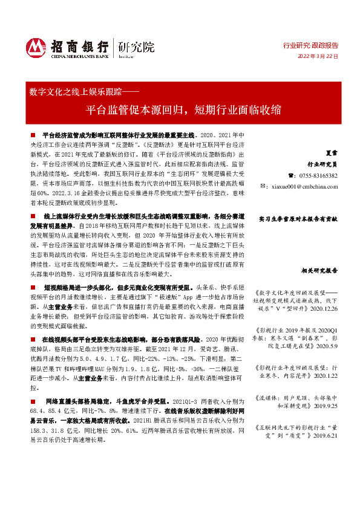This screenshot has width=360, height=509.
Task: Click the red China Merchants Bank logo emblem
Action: coord(37,47)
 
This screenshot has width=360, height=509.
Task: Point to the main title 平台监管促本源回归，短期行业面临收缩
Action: coord(184,110)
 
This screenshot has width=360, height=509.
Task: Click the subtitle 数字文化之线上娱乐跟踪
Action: coord(79,92)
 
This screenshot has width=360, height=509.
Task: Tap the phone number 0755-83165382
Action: coord(316,175)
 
